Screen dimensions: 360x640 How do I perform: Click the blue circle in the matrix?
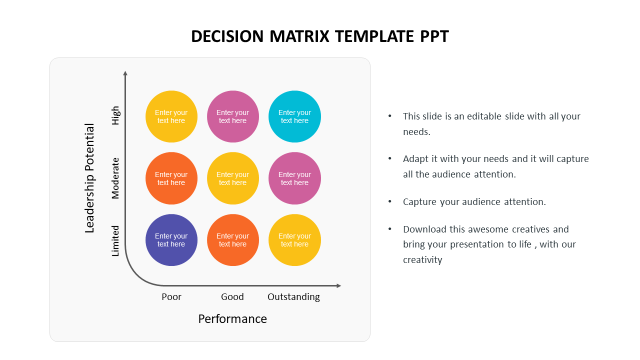tap(171, 240)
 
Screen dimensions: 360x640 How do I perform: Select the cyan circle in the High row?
tap(294, 116)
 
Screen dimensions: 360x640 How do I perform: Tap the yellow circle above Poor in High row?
tap(171, 116)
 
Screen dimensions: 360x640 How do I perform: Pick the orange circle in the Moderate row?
tap(171, 178)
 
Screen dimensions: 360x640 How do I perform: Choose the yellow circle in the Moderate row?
tap(233, 178)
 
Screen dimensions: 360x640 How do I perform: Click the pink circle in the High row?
tap(233, 116)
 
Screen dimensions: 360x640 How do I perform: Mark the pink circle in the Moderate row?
tap(294, 178)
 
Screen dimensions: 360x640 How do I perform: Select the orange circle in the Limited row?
tap(233, 240)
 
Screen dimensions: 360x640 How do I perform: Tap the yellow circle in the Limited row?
tap(294, 240)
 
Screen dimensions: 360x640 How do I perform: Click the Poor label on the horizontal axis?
tap(171, 297)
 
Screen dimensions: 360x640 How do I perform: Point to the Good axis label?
tap(232, 297)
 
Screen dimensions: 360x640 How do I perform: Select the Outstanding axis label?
tap(293, 297)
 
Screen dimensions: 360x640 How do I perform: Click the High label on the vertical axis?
tap(115, 115)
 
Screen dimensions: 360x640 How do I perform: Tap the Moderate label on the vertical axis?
tap(115, 178)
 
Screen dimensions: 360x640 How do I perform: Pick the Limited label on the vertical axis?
tap(115, 240)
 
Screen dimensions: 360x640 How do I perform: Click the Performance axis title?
tap(232, 319)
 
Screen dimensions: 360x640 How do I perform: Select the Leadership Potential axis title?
tap(90, 178)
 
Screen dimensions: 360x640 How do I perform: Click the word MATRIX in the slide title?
tap(299, 36)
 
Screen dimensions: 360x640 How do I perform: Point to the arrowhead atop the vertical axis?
tap(125, 73)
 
